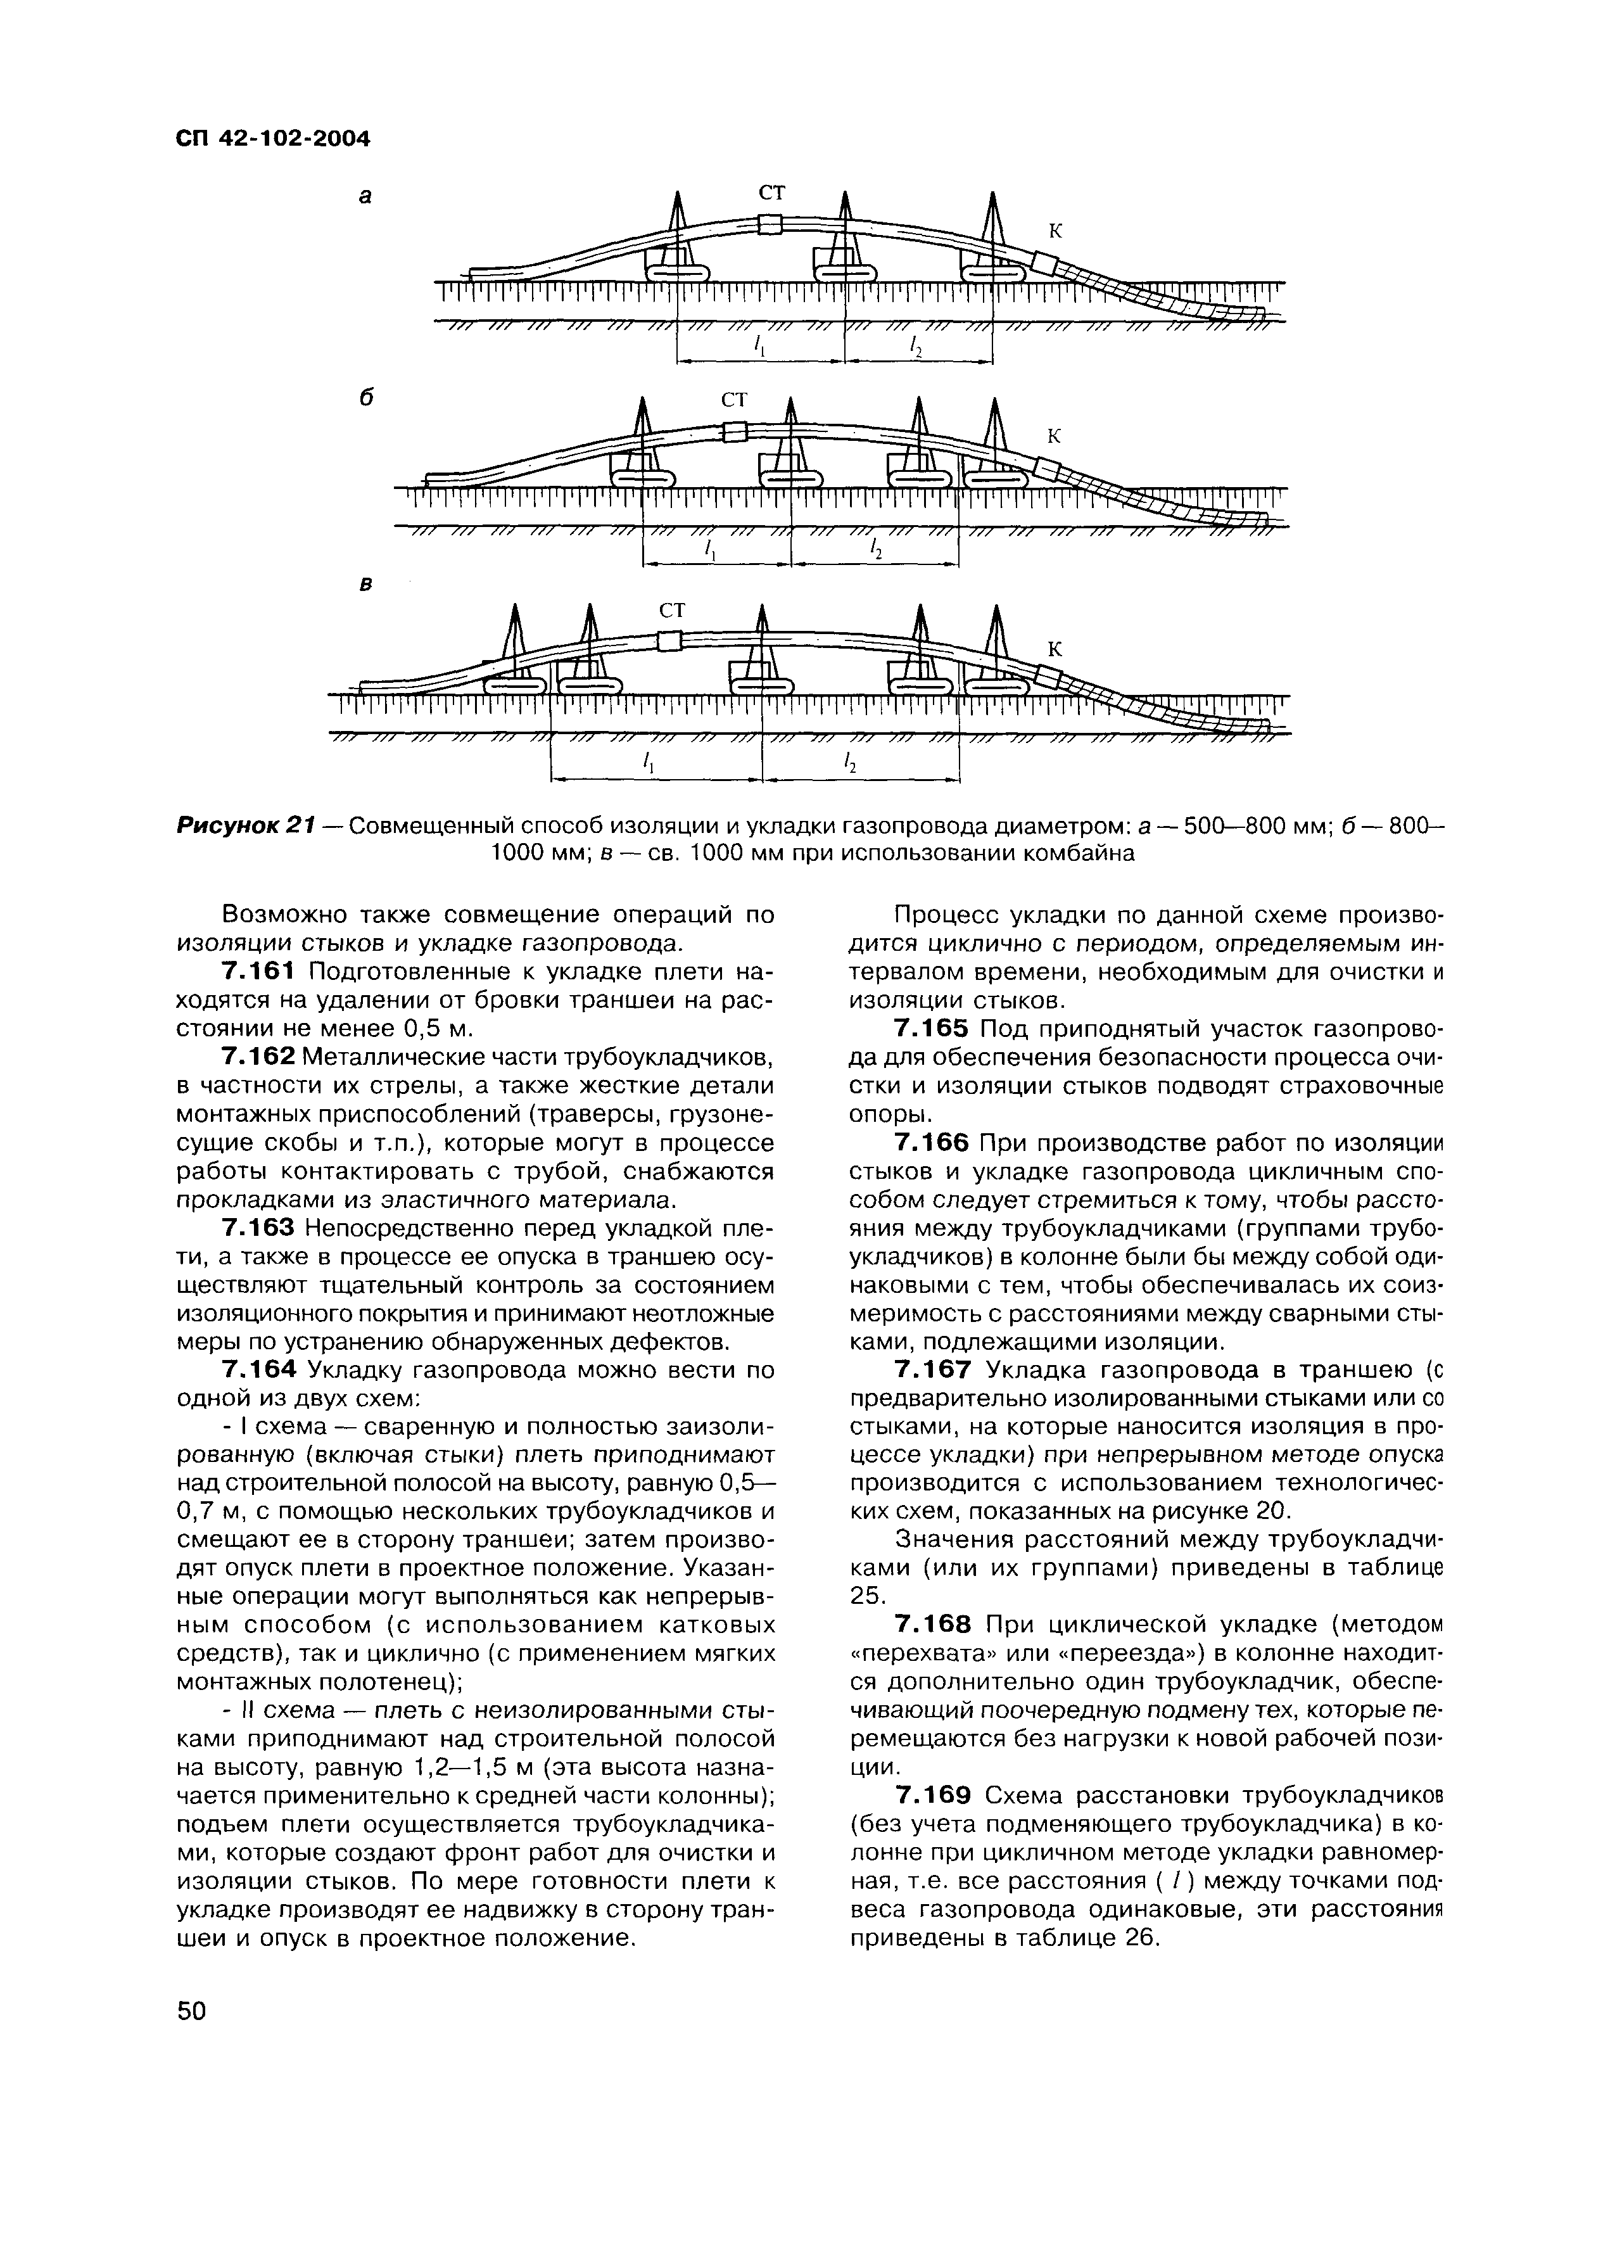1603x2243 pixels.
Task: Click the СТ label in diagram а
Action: coord(773,193)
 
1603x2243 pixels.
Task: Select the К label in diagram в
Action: coord(1054,649)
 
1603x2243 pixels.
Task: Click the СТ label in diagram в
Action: coord(671,611)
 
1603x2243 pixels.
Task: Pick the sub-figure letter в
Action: coord(365,585)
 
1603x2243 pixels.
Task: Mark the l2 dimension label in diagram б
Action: coord(875,550)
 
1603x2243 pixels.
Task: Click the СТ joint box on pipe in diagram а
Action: coord(770,225)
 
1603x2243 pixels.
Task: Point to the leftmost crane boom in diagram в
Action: coord(513,642)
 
